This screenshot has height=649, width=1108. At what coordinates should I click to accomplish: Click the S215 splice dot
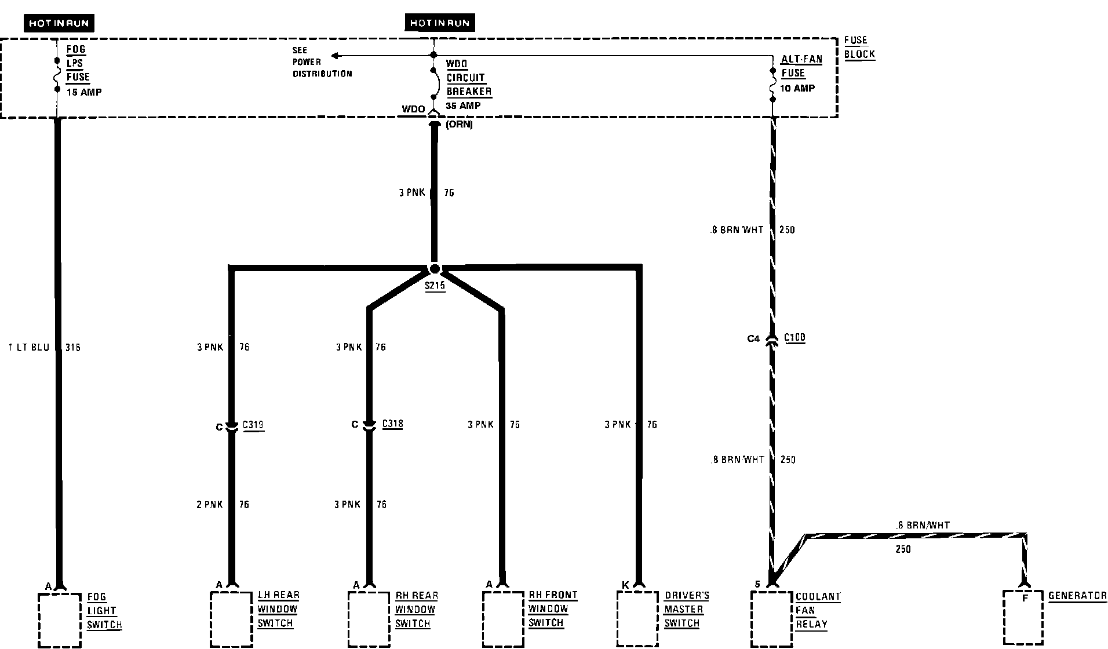[434, 269]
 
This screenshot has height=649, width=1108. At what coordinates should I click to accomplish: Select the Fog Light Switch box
[59, 618]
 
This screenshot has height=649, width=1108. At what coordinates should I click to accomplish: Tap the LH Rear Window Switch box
[231, 618]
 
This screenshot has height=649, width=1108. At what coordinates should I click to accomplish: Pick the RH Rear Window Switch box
[369, 618]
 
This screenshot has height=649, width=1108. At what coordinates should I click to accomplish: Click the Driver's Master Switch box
[637, 618]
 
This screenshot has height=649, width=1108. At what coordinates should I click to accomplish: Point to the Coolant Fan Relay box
[771, 618]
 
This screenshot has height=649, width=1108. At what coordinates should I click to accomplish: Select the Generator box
[1023, 618]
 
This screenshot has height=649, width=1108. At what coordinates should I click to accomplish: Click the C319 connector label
[253, 425]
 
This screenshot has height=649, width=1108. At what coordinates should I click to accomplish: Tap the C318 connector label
[392, 424]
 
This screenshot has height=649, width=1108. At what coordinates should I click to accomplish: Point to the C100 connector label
[794, 338]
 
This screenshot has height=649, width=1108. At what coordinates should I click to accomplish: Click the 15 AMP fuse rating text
[84, 92]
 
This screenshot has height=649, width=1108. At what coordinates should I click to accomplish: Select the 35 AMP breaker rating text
[463, 106]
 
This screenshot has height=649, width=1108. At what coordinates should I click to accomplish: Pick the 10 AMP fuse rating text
[797, 88]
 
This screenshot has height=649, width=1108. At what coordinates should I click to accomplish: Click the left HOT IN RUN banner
[59, 23]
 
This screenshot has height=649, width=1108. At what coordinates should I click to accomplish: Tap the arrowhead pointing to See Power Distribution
[335, 56]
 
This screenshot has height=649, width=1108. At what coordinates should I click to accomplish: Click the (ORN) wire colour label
[459, 125]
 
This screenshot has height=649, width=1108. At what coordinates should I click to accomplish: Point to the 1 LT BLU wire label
[29, 348]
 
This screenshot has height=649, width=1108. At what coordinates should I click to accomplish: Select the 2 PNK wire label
[209, 505]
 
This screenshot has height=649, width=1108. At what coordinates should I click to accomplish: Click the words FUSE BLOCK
[858, 48]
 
